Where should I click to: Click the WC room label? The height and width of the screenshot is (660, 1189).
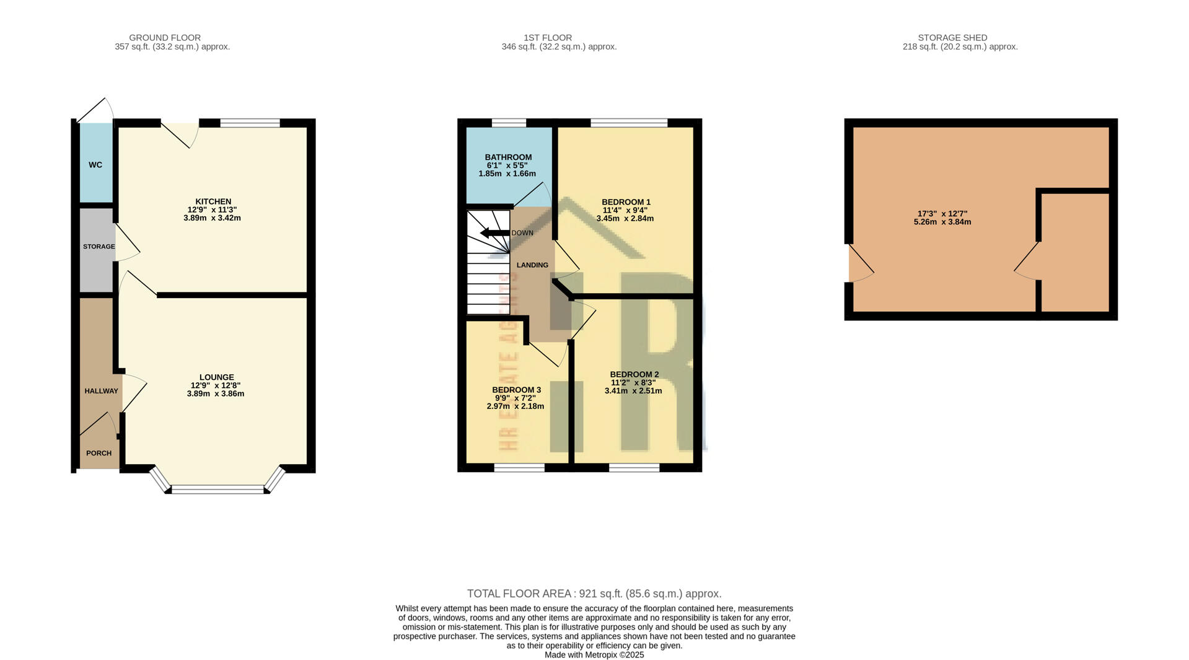pyautogui.click(x=95, y=165)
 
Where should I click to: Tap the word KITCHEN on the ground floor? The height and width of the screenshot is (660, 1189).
pyautogui.click(x=213, y=201)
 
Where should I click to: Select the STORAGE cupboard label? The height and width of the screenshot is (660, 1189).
pyautogui.click(x=99, y=247)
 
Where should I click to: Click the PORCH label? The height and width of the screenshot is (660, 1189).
pyautogui.click(x=99, y=453)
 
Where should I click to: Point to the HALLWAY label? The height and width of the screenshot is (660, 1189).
pyautogui.click(x=101, y=391)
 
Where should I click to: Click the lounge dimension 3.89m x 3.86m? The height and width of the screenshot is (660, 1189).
pyautogui.click(x=216, y=394)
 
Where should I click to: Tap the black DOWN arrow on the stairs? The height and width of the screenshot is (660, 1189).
pyautogui.click(x=494, y=233)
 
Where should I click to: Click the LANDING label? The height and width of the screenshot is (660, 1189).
pyautogui.click(x=532, y=265)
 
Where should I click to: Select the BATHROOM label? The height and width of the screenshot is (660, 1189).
pyautogui.click(x=508, y=157)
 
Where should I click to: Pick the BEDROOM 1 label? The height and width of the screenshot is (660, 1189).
pyautogui.click(x=626, y=202)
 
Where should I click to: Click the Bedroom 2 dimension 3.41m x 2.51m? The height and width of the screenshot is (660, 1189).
pyautogui.click(x=633, y=390)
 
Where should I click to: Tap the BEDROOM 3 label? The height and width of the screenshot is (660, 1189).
pyautogui.click(x=516, y=390)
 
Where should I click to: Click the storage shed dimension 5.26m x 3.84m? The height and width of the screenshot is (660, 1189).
pyautogui.click(x=942, y=222)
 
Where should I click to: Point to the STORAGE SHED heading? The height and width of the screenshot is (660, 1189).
pyautogui.click(x=952, y=38)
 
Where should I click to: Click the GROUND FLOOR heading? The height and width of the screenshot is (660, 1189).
pyautogui.click(x=165, y=38)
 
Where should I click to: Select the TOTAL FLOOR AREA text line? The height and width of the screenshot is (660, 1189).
pyautogui.click(x=594, y=594)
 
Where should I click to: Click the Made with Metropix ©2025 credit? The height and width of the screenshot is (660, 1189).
pyautogui.click(x=594, y=654)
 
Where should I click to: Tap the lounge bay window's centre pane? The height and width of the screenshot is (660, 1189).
pyautogui.click(x=217, y=490)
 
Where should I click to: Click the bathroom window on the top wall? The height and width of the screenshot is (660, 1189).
pyautogui.click(x=509, y=123)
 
